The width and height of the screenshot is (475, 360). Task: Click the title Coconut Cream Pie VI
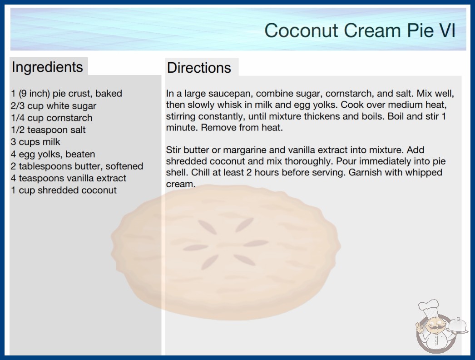pyautogui.click(x=360, y=30)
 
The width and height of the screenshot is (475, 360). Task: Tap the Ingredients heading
pyautogui.click(x=47, y=67)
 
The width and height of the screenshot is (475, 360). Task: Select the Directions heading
pyautogui.click(x=199, y=68)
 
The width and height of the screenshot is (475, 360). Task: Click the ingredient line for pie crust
pyautogui.click(x=67, y=94)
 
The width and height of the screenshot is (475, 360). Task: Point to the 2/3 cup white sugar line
pyautogui.click(x=54, y=106)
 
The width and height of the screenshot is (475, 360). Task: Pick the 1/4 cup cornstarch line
pyautogui.click(x=51, y=118)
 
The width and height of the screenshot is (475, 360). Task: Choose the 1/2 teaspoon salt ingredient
pyautogui.click(x=48, y=130)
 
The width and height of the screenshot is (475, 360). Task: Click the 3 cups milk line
pyautogui.click(x=35, y=142)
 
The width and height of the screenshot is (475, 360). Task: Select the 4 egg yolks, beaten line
pyautogui.click(x=53, y=154)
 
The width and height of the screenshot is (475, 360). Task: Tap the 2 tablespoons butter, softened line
pyautogui.click(x=77, y=166)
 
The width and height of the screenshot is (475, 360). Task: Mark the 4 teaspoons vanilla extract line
pyautogui.click(x=69, y=178)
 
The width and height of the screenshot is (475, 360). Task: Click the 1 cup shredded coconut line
pyautogui.click(x=64, y=190)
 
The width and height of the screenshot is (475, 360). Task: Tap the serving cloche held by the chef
pyautogui.click(x=457, y=325)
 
